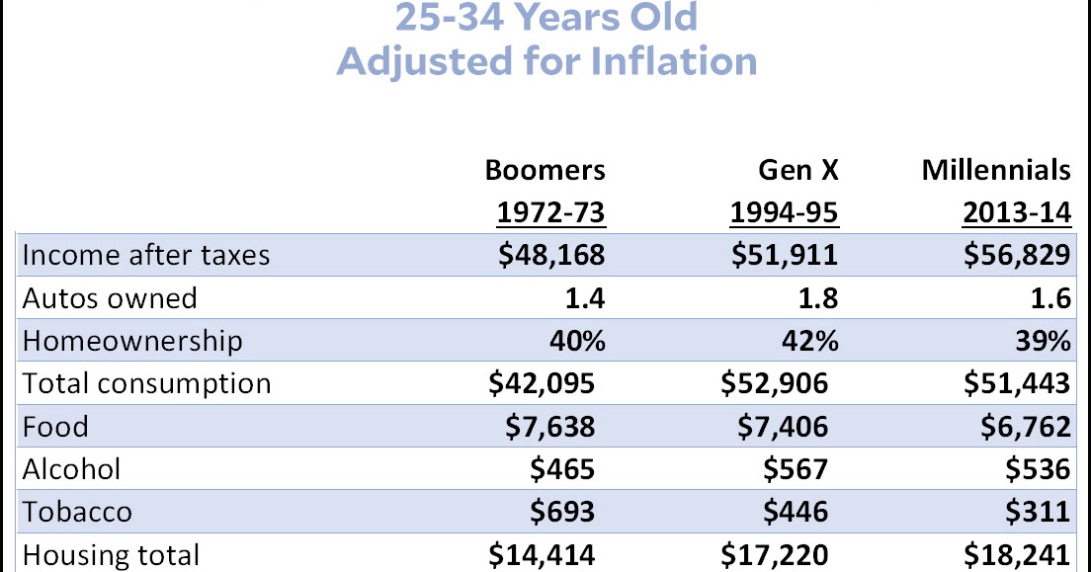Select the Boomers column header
[545, 170]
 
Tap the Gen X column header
[797, 170]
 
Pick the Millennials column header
[996, 170]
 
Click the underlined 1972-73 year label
[548, 212]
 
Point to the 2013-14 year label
[1015, 212]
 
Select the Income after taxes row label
[145, 255]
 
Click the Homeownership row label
[131, 341]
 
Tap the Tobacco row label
[77, 512]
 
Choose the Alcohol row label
[73, 469]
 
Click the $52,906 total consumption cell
[775, 383]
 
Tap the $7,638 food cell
[548, 427]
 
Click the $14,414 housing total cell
[543, 554]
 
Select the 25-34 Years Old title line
[546, 17]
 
